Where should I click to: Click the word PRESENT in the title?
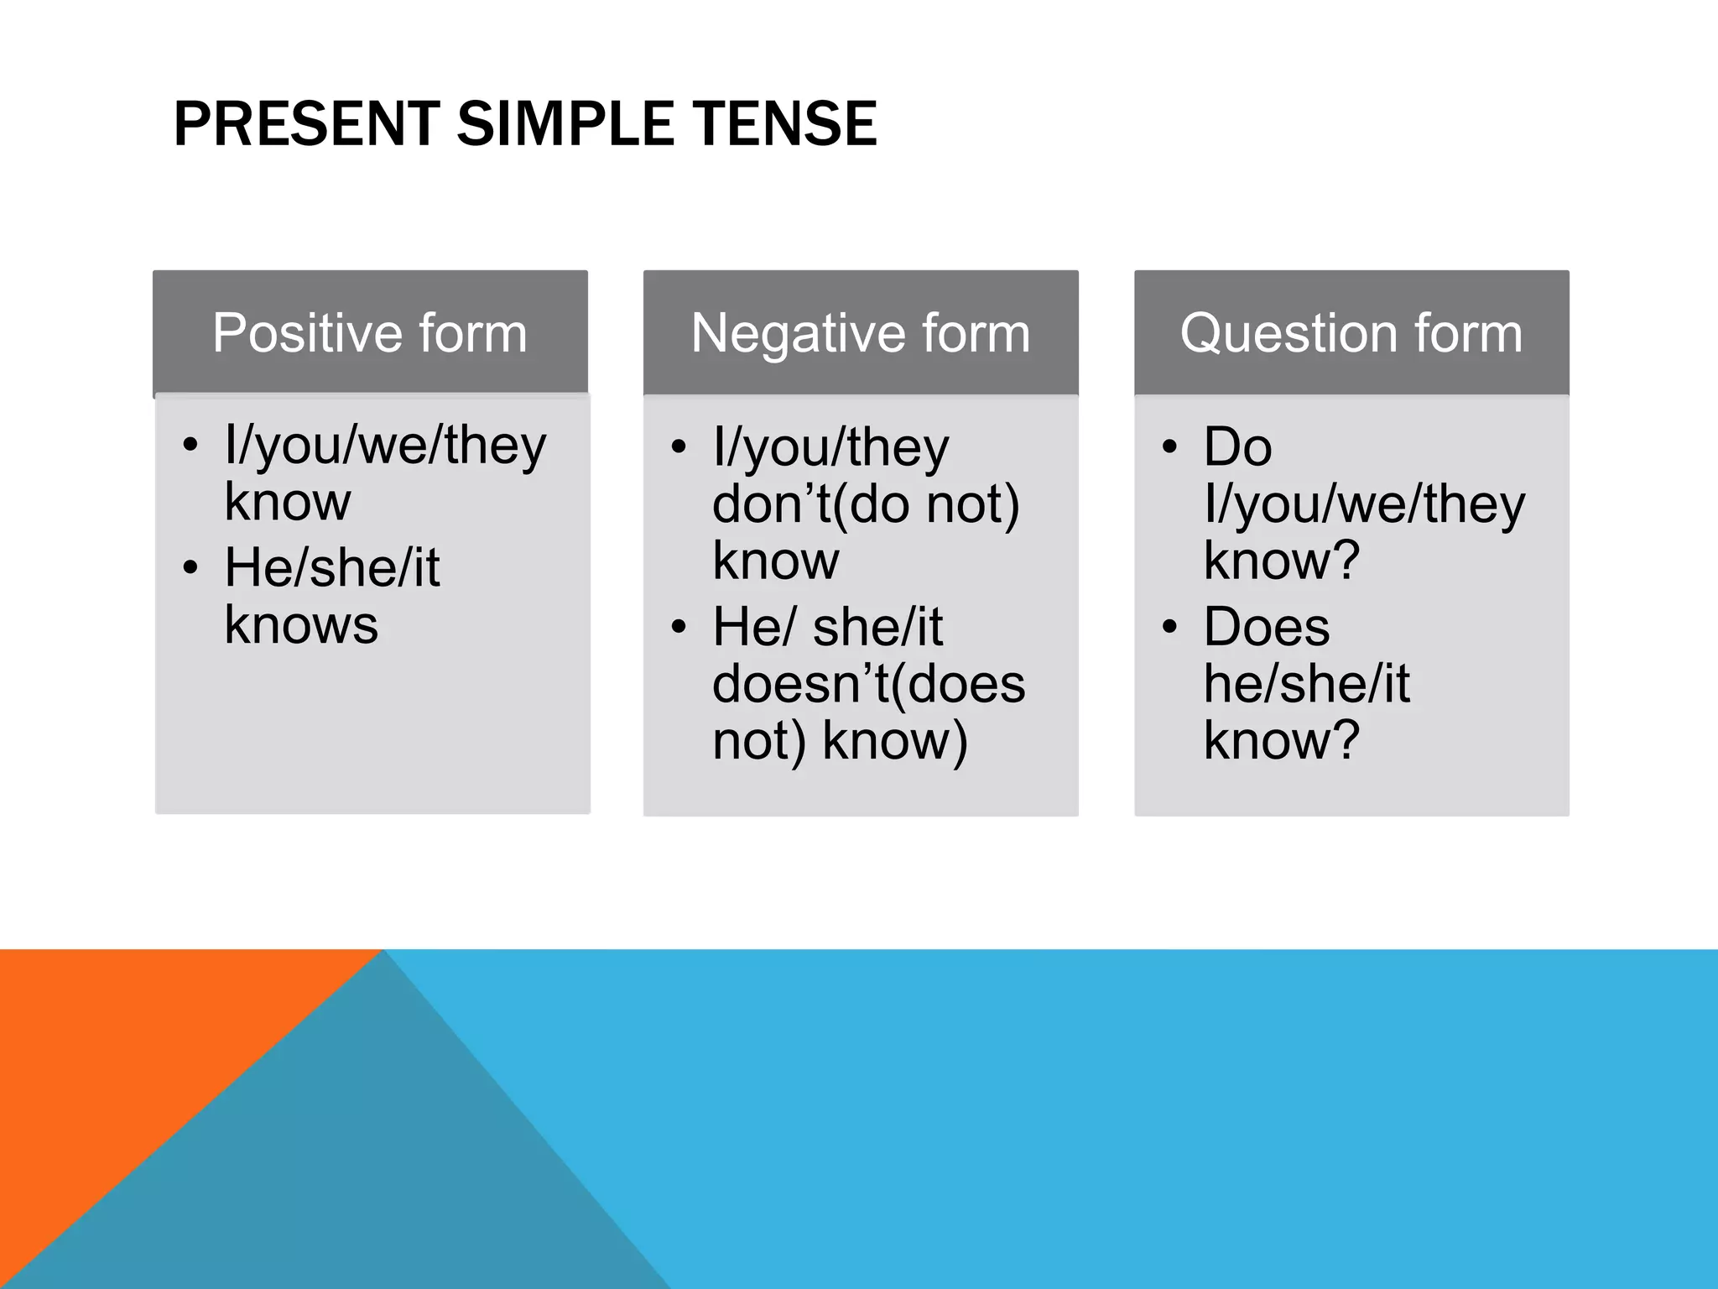click(x=306, y=124)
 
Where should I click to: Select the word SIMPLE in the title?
click(x=565, y=124)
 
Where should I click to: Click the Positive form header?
click(x=370, y=333)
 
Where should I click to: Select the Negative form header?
click(x=861, y=333)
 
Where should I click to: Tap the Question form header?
click(x=1351, y=333)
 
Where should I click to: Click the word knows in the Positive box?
click(x=301, y=625)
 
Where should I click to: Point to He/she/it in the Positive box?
click(x=331, y=568)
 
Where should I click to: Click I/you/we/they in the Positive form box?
click(x=385, y=446)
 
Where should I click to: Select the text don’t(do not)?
click(x=866, y=504)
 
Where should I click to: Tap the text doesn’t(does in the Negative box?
click(x=868, y=684)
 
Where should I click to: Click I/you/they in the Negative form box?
click(x=830, y=447)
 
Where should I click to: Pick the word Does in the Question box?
click(x=1266, y=627)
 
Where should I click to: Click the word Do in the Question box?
click(x=1237, y=447)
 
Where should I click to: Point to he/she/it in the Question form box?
click(x=1306, y=684)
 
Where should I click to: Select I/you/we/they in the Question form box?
click(x=1364, y=504)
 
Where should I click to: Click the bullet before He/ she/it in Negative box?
click(x=679, y=627)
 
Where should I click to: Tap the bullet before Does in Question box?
click(x=1169, y=627)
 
